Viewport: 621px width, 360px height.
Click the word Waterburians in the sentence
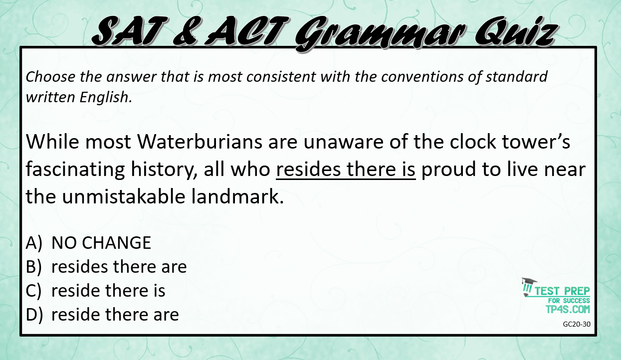click(200, 142)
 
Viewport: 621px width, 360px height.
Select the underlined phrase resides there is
click(346, 170)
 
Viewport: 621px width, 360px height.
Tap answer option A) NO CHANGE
click(88, 243)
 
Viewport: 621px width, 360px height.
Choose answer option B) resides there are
click(106, 267)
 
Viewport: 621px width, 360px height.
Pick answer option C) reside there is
click(95, 291)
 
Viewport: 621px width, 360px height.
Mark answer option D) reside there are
click(102, 315)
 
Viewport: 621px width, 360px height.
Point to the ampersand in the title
click(185, 31)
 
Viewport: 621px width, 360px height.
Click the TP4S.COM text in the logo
click(568, 309)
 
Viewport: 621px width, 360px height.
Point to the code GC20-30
click(577, 324)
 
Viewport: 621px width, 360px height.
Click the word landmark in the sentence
click(237, 196)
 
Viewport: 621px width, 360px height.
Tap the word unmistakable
click(124, 196)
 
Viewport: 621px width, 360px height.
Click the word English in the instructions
click(106, 98)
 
